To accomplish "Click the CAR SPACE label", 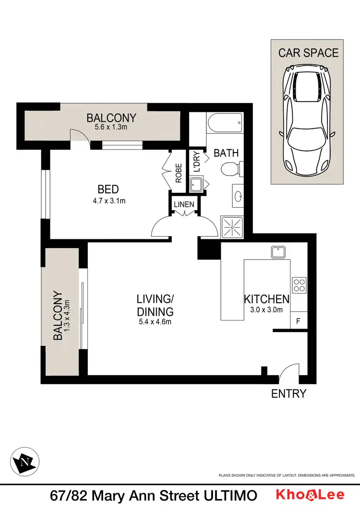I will coord(308,52).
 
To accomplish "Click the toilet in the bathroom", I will coord(231,169).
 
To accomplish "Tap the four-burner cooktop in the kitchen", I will coord(300,285).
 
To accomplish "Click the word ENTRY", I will coord(288,394).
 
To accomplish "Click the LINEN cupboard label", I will coord(184,204).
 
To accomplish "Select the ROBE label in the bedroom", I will coord(179,173).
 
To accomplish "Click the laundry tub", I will coord(196,185).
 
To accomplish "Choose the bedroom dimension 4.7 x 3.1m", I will coord(109,201).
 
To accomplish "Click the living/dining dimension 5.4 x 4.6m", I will coord(154,321).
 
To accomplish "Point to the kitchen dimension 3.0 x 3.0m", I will coord(266,309).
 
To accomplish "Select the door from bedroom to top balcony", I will coord(80,136).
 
